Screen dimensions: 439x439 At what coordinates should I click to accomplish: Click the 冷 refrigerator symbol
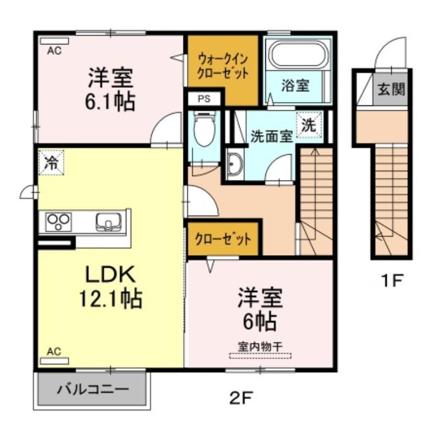click(51, 162)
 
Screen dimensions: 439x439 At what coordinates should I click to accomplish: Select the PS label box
click(204, 99)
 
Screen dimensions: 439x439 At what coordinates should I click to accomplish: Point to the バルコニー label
click(92, 390)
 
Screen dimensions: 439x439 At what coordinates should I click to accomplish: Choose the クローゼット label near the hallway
click(223, 239)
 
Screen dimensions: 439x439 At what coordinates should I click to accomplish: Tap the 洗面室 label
click(270, 137)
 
